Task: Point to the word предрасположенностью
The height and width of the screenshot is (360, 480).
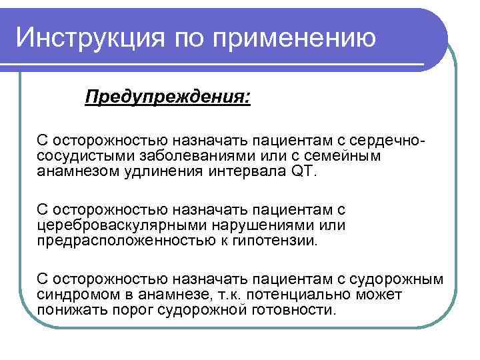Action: (116, 240)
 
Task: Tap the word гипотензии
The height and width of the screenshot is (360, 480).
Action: (278, 240)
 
